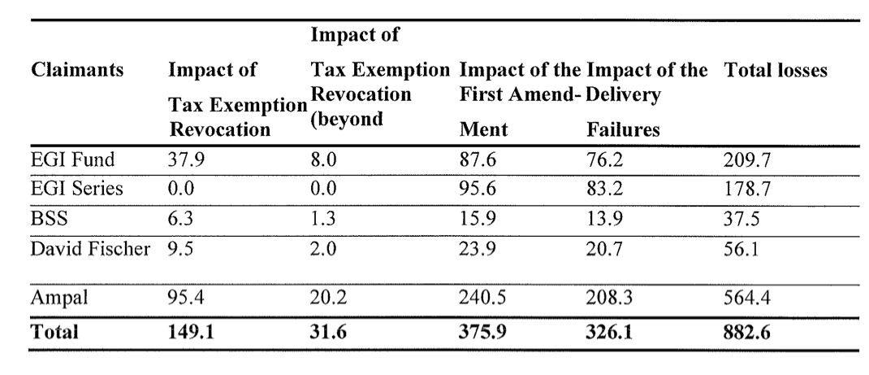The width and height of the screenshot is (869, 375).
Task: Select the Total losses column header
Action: (775, 72)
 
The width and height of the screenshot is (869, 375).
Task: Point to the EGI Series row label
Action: (69, 190)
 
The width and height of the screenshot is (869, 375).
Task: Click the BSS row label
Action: (46, 219)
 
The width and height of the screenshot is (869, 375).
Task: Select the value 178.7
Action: (745, 190)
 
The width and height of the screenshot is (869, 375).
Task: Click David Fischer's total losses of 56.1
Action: (740, 247)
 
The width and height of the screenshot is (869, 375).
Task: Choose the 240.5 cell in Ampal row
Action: (482, 297)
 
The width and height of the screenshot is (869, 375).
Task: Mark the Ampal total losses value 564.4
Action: (745, 297)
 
